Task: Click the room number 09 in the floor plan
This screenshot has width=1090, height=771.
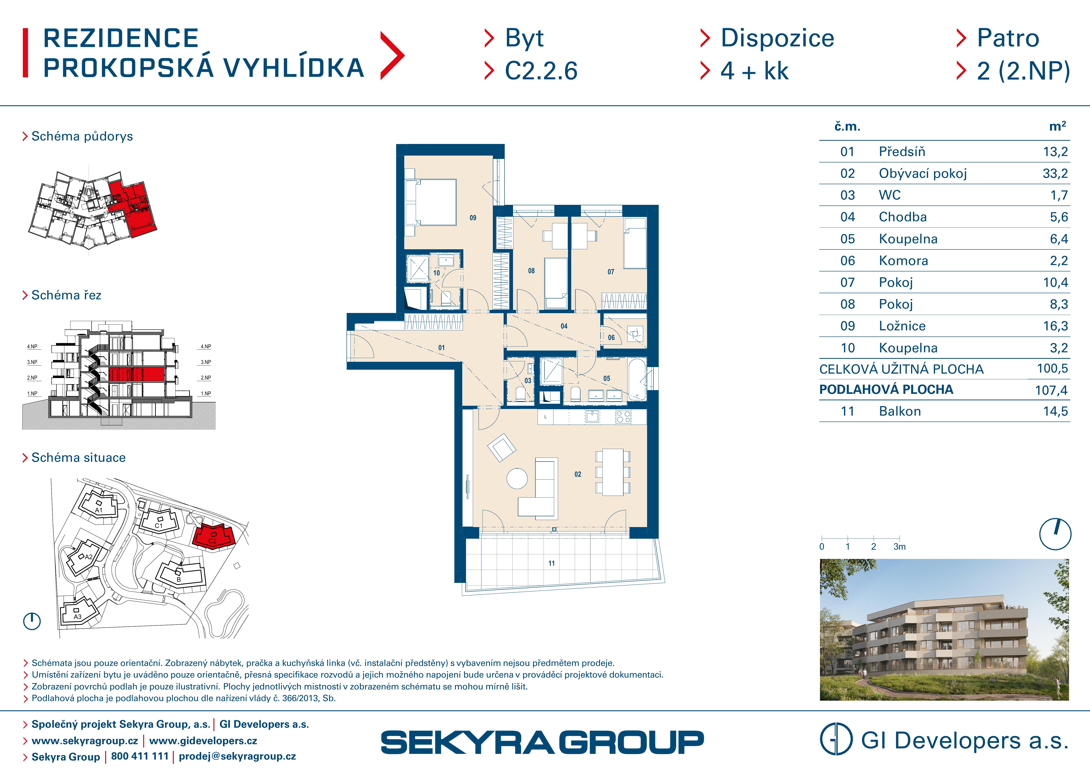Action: (x=473, y=218)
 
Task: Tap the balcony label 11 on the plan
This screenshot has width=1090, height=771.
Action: (x=551, y=563)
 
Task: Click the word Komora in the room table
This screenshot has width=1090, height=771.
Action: (x=903, y=261)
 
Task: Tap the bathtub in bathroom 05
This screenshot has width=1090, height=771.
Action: (x=637, y=379)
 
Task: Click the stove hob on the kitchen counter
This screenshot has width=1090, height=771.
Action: (x=623, y=417)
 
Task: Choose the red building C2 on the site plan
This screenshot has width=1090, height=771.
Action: (x=214, y=536)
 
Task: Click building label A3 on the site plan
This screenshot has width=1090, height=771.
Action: (x=77, y=617)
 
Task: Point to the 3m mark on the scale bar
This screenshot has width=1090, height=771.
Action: (x=899, y=546)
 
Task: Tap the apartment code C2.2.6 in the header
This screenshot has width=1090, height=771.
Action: (x=541, y=71)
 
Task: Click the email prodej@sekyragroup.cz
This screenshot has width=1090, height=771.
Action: (x=237, y=756)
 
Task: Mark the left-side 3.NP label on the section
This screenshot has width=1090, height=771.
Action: (x=32, y=362)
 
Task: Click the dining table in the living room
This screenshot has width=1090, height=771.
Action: (x=613, y=472)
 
